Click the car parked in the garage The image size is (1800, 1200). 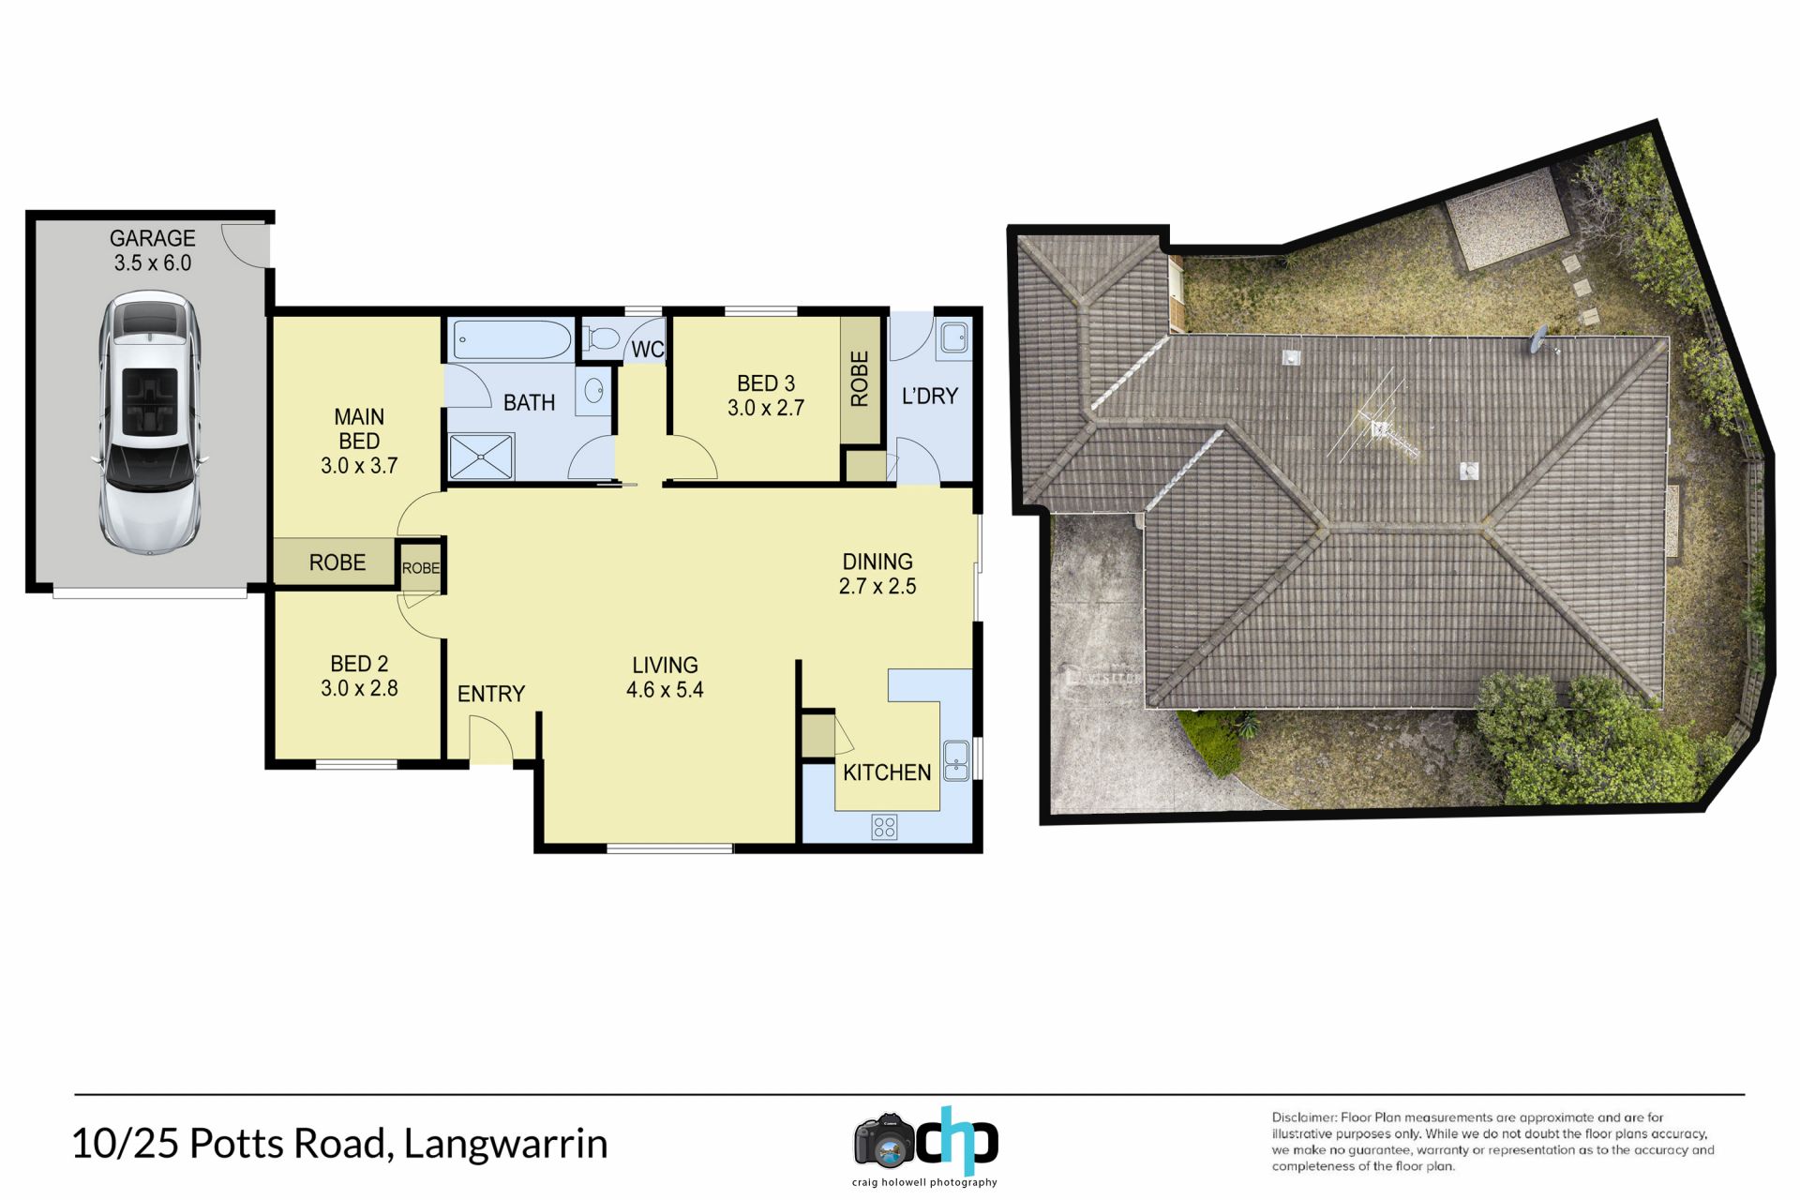click(150, 421)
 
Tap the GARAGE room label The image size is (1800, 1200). click(153, 238)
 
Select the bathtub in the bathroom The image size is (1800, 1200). click(512, 340)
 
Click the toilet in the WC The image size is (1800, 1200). click(601, 337)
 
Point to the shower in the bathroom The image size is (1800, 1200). click(482, 457)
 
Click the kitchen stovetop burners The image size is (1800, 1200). click(884, 826)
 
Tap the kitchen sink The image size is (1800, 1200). click(956, 760)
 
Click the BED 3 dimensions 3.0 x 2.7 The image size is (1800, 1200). click(766, 408)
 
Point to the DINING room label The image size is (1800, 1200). click(877, 562)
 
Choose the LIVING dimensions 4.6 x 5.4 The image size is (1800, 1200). click(665, 690)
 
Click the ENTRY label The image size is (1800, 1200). click(491, 694)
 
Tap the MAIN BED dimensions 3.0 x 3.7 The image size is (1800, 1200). click(359, 466)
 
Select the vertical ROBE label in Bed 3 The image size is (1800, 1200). click(860, 379)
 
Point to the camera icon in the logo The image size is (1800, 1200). click(883, 1142)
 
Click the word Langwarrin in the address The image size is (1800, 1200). click(505, 1144)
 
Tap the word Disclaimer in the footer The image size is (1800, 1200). click(1304, 1117)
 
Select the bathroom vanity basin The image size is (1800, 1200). click(594, 390)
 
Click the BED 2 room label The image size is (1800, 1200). click(359, 664)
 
